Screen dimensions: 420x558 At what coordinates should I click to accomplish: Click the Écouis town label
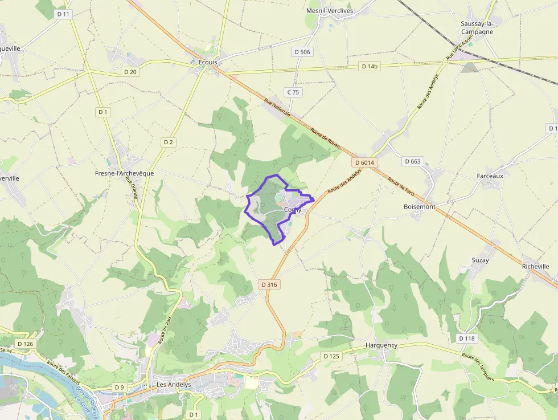[208, 62]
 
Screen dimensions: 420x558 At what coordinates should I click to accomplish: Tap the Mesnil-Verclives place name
[330, 11]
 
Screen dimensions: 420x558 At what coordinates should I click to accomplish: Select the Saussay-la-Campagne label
[477, 28]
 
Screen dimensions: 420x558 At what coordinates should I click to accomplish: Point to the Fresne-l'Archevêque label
[124, 173]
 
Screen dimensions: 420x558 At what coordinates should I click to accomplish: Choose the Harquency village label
[381, 345]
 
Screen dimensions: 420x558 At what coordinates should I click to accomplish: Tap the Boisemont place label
[419, 207]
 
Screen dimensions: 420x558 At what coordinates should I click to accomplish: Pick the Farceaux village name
[490, 176]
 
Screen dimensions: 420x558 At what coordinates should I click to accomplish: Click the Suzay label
[480, 260]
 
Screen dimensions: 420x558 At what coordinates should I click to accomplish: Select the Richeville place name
[535, 266]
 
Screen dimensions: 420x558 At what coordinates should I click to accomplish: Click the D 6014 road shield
[364, 162]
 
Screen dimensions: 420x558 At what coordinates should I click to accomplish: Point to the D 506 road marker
[303, 52]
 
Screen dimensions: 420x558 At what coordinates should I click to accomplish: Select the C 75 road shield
[293, 92]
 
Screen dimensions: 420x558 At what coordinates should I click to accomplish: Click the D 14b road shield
[370, 67]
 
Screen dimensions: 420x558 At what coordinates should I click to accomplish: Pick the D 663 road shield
[412, 161]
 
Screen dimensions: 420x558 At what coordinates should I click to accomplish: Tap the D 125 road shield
[331, 356]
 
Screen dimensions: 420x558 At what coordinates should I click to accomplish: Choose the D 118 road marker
[466, 339]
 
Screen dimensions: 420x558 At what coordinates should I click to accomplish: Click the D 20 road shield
[130, 72]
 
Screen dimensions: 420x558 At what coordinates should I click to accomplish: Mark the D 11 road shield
[63, 13]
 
